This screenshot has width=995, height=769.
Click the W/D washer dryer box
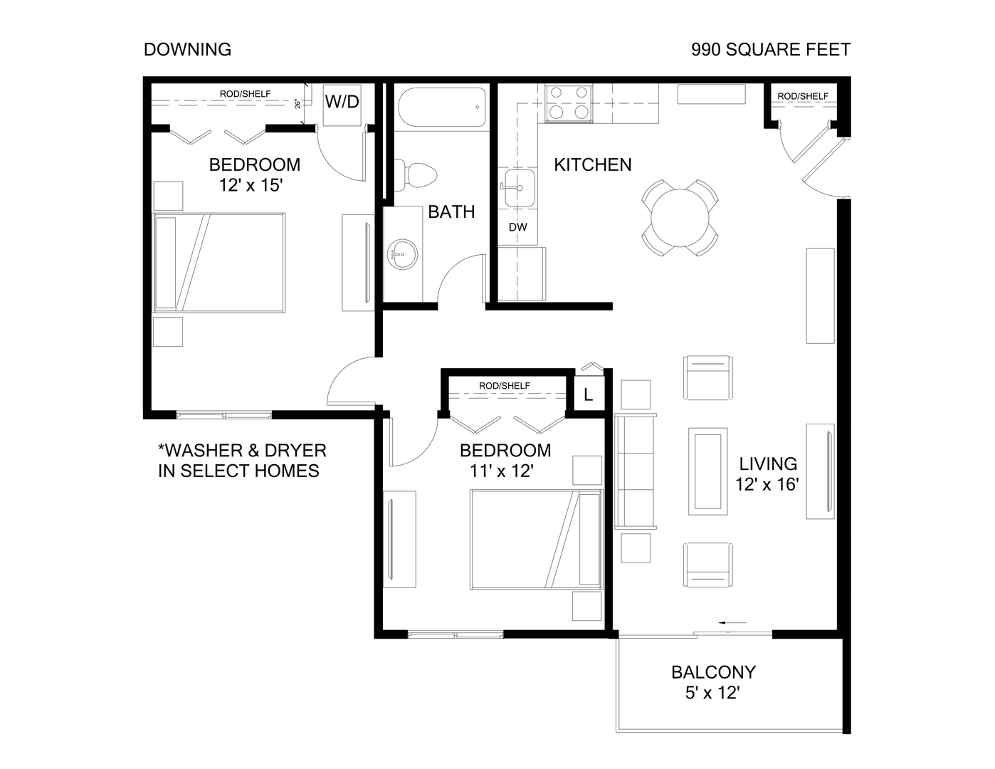(x=342, y=103)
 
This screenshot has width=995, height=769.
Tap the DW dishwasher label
(x=518, y=228)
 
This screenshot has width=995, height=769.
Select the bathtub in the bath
(x=441, y=107)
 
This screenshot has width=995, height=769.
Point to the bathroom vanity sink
(x=403, y=254)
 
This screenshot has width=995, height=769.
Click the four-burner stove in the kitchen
(x=568, y=103)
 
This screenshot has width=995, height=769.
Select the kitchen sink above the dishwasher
(x=520, y=189)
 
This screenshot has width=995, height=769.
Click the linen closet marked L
(x=589, y=394)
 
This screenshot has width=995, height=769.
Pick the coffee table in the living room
(x=707, y=471)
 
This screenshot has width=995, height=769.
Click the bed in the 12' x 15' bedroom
(x=219, y=263)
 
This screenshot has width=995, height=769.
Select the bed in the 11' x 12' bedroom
(x=536, y=539)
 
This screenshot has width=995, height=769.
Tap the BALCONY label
(x=713, y=672)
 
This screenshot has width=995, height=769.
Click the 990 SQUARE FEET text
(x=771, y=49)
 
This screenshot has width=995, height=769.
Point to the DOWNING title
(x=187, y=49)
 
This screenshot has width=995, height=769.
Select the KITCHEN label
(x=593, y=164)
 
